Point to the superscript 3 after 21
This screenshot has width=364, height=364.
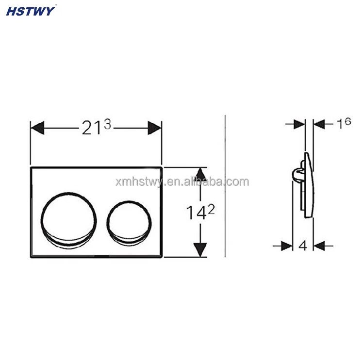click(x=108, y=124)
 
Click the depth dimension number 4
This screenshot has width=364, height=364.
click(x=303, y=246)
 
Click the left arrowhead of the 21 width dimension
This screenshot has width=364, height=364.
click(x=38, y=128)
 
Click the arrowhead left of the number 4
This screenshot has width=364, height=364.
click(x=287, y=246)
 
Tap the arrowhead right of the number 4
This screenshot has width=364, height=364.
click(x=319, y=246)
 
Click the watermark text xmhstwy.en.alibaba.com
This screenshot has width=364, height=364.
click(x=182, y=182)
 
